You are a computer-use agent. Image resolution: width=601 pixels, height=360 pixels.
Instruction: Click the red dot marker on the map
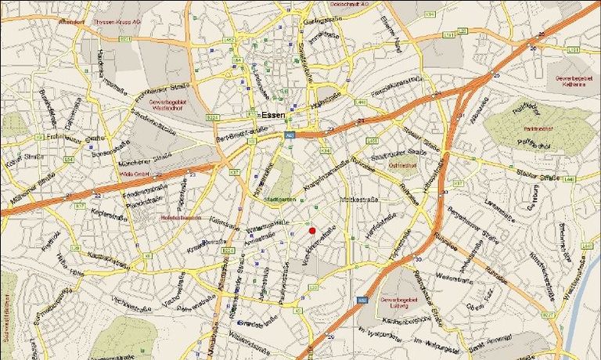pyautogui.click(x=311, y=230)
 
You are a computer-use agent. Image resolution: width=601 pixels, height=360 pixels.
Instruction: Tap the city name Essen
pyautogui.click(x=273, y=114)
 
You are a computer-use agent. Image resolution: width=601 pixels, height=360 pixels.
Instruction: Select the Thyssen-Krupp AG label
pyautogui.click(x=115, y=23)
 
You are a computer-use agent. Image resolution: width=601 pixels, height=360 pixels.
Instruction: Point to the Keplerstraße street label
pyautogui.click(x=109, y=211)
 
